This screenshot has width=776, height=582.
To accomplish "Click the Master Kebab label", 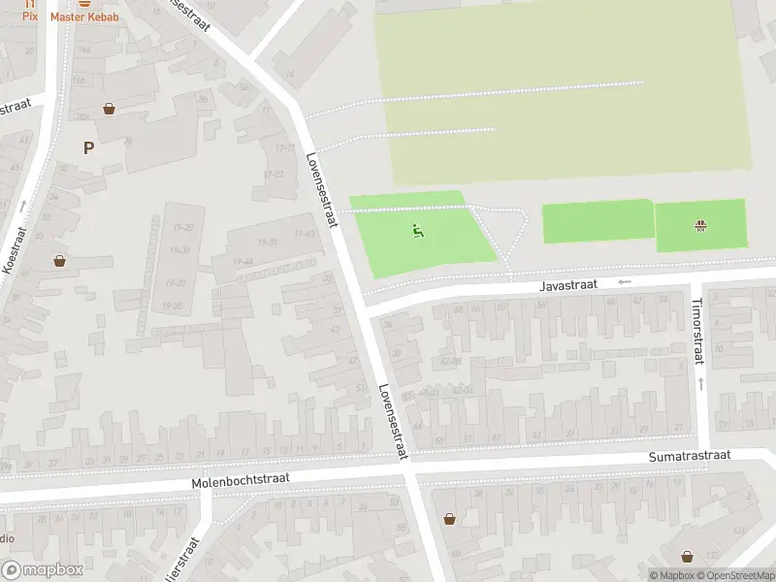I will (85, 17).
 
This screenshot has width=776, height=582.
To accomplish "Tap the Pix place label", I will (30, 17).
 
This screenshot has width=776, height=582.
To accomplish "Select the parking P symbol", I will (88, 148).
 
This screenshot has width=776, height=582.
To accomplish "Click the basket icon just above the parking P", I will (109, 109).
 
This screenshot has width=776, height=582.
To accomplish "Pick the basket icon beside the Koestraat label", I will (60, 260).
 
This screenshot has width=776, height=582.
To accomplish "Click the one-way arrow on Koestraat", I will (22, 206).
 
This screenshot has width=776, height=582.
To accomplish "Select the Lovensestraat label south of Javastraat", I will (394, 420).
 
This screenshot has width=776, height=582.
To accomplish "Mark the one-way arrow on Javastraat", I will (624, 282).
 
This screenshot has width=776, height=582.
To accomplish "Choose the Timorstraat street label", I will (695, 331).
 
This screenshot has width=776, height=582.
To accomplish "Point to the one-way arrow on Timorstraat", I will (699, 384).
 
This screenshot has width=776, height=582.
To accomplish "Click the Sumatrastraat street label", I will (690, 456).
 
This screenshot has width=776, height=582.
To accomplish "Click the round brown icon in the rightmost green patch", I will (699, 227).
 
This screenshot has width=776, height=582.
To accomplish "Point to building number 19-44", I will (243, 261).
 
